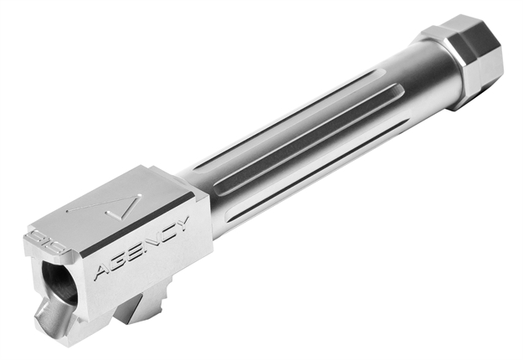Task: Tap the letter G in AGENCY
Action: click(x=119, y=261)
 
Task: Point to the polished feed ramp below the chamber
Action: click(x=47, y=318)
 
